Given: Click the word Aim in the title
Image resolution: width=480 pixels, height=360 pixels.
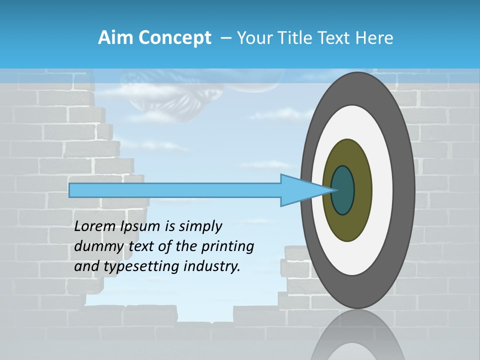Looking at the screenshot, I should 115,38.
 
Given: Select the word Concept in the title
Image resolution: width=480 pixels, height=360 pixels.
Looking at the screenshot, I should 174,38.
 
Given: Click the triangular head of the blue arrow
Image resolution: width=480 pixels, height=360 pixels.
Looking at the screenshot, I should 300,190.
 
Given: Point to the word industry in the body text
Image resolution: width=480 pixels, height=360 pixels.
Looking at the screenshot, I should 212,267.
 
